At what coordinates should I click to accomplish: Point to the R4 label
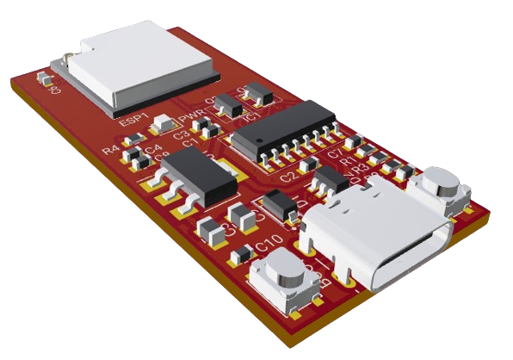pyautogui.click(x=110, y=150)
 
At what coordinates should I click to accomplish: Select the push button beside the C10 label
pyautogui.click(x=279, y=280)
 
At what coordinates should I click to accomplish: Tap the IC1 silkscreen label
pyautogui.click(x=252, y=114)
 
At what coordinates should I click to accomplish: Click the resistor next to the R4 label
pyautogui.click(x=134, y=156)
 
